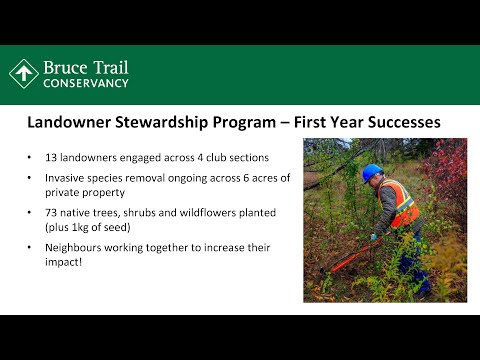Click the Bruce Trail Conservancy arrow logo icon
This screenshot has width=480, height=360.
[24, 74]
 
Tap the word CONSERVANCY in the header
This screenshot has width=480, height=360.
[85, 83]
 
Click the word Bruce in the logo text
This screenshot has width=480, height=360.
[66, 67]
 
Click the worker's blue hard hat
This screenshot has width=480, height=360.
[372, 172]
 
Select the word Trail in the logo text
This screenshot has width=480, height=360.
[110, 67]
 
